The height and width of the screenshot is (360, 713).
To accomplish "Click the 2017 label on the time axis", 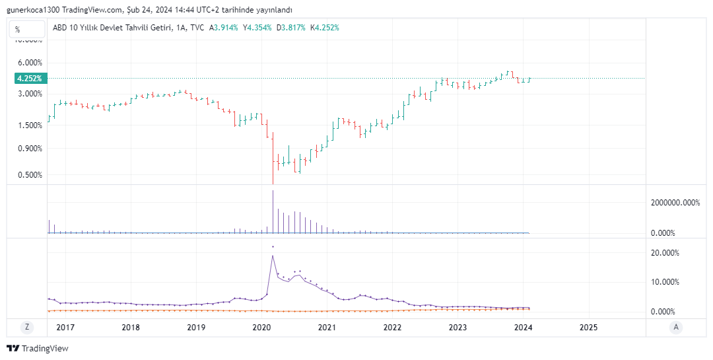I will [65, 327].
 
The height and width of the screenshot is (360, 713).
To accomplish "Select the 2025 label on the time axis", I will [588, 327].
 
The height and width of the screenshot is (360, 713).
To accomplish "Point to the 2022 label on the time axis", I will [392, 327].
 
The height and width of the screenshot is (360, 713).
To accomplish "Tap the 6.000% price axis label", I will [30, 63].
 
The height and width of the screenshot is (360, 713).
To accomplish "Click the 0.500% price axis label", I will [30, 175].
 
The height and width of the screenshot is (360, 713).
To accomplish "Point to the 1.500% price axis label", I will [30, 126].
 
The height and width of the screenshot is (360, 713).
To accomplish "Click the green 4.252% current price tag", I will [30, 78].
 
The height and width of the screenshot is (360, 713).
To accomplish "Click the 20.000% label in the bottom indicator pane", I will [665, 253].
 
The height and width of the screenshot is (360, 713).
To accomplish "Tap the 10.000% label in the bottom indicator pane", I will [665, 282].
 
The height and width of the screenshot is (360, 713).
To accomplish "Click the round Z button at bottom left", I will [27, 327].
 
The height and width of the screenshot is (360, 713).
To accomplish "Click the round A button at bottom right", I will [675, 327].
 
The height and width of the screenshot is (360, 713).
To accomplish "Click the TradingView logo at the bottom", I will [38, 348].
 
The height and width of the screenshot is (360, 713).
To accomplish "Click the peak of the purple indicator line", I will [273, 256].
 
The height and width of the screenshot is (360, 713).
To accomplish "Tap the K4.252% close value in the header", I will [325, 28].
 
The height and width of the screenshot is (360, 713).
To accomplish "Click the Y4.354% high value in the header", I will [257, 28].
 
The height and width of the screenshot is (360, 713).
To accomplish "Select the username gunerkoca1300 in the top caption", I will [32, 10].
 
